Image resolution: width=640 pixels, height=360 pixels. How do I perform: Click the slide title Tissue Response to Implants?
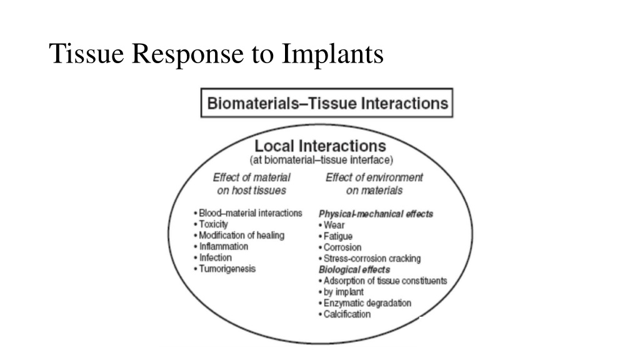(216, 54)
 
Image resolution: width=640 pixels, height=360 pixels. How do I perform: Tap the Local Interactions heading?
(321, 146)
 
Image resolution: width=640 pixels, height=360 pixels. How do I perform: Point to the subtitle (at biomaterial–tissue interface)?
(321, 160)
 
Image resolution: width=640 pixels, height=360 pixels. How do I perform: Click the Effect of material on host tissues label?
(251, 184)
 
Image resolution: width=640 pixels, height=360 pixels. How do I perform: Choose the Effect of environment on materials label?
(374, 184)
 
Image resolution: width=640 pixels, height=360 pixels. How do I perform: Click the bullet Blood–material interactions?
(248, 213)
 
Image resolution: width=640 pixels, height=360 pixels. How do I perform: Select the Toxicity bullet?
(211, 224)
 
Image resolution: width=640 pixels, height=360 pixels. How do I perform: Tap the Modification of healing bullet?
(239, 236)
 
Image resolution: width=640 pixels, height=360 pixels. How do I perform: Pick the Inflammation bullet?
(221, 246)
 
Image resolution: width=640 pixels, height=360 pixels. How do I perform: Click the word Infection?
(216, 257)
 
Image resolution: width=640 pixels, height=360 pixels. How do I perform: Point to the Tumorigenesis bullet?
(225, 269)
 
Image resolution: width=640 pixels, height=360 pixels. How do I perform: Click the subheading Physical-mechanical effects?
(376, 214)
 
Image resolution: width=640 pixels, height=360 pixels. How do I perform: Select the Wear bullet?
(332, 225)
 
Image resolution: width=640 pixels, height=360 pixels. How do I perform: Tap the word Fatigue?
(338, 236)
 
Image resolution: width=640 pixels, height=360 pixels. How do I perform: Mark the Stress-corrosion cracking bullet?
(370, 258)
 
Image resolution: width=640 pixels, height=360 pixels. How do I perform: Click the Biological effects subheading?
(354, 270)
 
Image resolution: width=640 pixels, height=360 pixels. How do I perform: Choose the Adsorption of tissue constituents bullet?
(383, 281)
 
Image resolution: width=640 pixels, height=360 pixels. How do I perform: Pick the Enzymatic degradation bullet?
(365, 303)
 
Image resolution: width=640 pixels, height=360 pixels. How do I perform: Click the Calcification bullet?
(345, 314)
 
